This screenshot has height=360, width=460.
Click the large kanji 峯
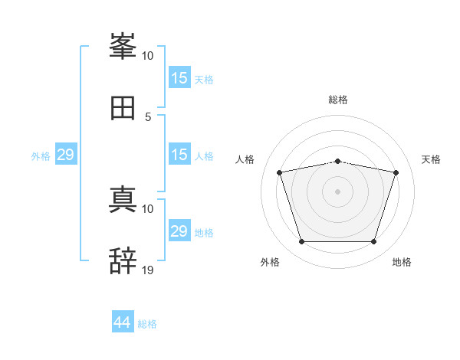pyautogui.click(x=123, y=46)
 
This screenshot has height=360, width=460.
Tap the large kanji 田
pyautogui.click(x=123, y=108)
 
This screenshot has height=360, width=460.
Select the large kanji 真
pyautogui.click(x=123, y=199)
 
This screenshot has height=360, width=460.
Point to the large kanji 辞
pyautogui.click(x=123, y=260)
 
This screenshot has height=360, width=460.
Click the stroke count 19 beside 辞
pyautogui.click(x=147, y=270)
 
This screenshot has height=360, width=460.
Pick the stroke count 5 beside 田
pyautogui.click(x=148, y=117)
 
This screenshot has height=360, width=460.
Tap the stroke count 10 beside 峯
pyautogui.click(x=147, y=56)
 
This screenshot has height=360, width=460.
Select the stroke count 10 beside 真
pyautogui.click(x=147, y=209)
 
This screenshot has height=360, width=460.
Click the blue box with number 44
pyautogui.click(x=123, y=321)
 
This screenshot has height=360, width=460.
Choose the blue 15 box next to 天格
pyautogui.click(x=179, y=77)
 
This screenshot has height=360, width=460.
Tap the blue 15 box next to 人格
pyautogui.click(x=179, y=154)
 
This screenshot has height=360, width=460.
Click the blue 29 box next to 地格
pyautogui.click(x=179, y=230)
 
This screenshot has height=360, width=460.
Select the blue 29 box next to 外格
pyautogui.click(x=66, y=154)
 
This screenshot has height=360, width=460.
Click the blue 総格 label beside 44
pyautogui.click(x=147, y=324)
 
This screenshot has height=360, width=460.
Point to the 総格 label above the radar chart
pyautogui.click(x=338, y=100)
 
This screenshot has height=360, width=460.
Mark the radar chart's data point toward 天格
pyautogui.click(x=396, y=172)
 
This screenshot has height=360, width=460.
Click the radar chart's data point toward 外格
pyautogui.click(x=301, y=241)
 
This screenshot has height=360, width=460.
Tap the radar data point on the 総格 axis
pyautogui.click(x=337, y=162)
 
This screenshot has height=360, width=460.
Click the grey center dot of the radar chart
pyautogui.click(x=337, y=191)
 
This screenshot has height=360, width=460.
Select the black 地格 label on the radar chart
pyautogui.click(x=402, y=262)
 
